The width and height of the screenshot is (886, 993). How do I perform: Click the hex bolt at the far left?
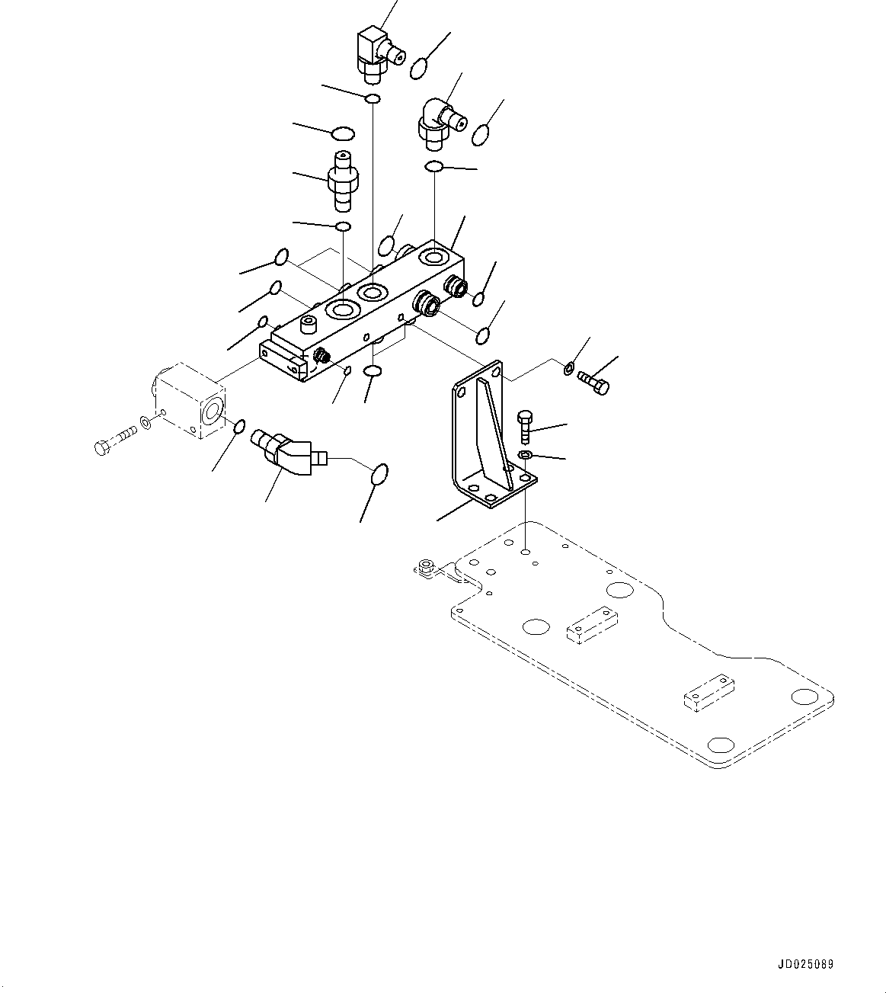pyautogui.click(x=114, y=442)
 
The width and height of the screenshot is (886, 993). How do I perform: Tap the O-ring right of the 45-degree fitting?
pyautogui.click(x=379, y=474)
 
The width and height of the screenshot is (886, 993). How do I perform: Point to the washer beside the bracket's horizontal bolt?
pyautogui.click(x=568, y=370)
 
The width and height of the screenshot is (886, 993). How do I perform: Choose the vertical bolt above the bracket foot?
pyautogui.click(x=525, y=428)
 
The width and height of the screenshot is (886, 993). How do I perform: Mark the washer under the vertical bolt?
pyautogui.click(x=525, y=456)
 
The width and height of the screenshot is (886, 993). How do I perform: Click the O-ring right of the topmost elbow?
pyautogui.click(x=419, y=68)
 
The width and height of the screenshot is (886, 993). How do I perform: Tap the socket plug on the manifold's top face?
pyautogui.click(x=309, y=326)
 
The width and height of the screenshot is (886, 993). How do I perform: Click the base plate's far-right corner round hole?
pyautogui.click(x=803, y=697)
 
